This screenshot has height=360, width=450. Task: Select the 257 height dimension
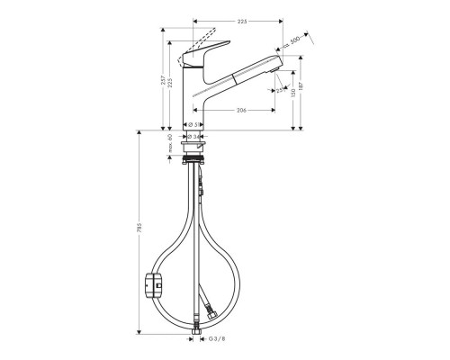(x=161, y=78)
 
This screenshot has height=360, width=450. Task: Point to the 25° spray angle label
(x=282, y=90)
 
